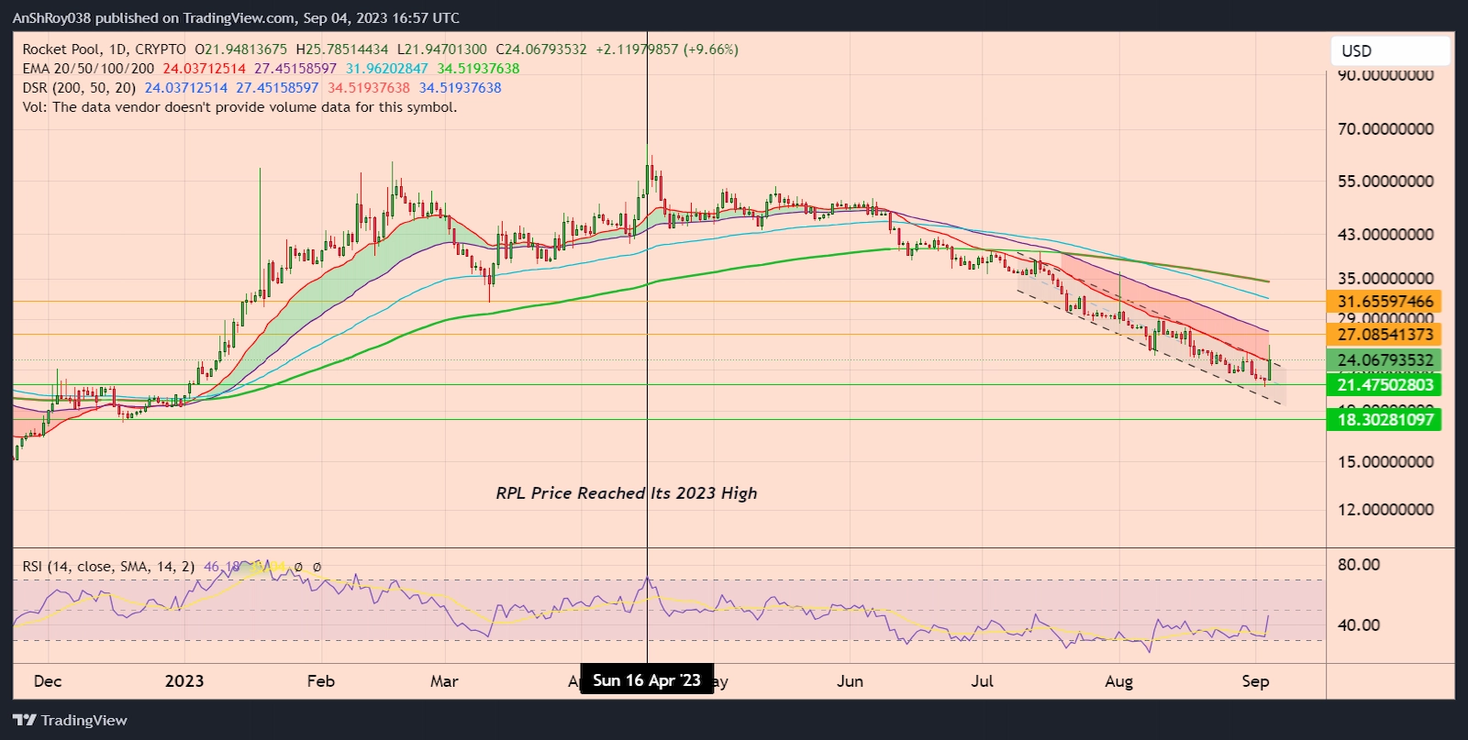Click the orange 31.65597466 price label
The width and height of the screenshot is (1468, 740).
click(1385, 302)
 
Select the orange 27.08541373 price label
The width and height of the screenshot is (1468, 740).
click(1385, 335)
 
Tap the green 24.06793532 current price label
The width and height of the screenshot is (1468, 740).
click(1385, 360)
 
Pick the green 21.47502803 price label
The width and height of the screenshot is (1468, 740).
click(1385, 385)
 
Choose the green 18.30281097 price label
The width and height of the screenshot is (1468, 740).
click(1385, 420)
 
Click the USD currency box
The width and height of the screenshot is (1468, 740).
click(1389, 51)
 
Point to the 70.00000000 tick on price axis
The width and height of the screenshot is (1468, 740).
click(1385, 129)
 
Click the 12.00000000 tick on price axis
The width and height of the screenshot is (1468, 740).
click(1385, 510)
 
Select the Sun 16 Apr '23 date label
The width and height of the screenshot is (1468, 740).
click(647, 680)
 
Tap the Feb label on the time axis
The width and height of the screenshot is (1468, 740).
click(321, 681)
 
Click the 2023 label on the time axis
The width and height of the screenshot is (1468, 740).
click(184, 681)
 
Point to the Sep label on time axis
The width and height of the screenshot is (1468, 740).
click(1255, 681)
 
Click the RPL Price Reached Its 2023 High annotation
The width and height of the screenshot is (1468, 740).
click(627, 493)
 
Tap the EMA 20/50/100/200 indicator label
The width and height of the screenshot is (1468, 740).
click(88, 69)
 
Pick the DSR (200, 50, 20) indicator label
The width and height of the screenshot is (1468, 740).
click(79, 88)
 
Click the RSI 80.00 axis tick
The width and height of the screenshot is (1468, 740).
click(1358, 565)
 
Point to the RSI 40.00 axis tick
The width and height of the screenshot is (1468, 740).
click(1358, 625)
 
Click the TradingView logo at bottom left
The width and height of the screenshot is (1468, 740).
click(71, 721)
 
